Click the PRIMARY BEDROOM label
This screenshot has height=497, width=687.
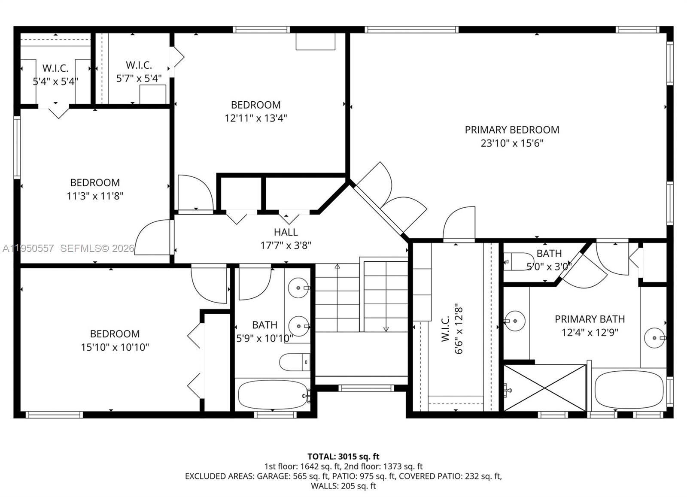pos(512,130)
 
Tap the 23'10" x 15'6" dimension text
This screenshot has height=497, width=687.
pos(512,143)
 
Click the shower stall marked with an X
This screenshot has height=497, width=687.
pos(544,388)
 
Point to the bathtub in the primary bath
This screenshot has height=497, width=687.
pos(629,389)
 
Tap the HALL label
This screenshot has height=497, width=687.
pos(286,232)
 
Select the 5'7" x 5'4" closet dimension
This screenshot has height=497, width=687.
pos(139,79)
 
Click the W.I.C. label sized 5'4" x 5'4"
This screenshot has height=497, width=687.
pos(55,68)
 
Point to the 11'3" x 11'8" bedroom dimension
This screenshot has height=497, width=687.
pos(95,196)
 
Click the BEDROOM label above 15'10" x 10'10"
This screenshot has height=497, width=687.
pos(115,333)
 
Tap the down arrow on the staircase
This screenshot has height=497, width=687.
pos(386,329)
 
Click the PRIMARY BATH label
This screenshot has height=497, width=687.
pos(590,319)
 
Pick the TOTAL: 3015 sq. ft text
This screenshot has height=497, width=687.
pos(343,456)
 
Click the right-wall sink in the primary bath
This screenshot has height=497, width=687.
pos(655,338)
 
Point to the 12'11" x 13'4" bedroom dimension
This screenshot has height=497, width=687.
pos(255,118)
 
